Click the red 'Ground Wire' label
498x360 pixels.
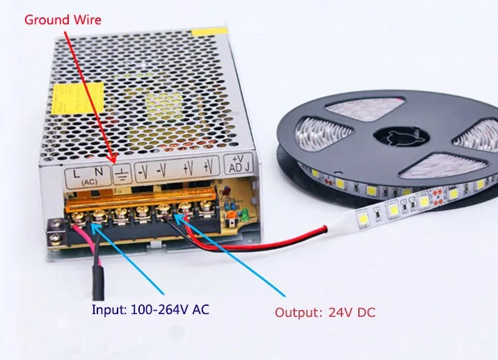[x=63, y=19]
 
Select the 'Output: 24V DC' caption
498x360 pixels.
[x=325, y=313]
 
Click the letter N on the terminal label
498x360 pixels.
[x=99, y=169]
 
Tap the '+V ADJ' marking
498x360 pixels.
[x=238, y=165]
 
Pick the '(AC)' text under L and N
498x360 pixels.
[x=89, y=181]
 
